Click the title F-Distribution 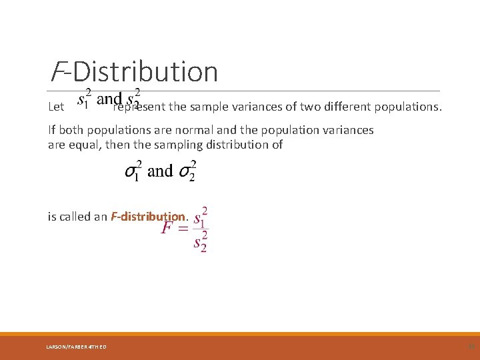click(134, 72)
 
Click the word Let click(56, 106)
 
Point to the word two click(309, 105)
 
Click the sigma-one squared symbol click(133, 171)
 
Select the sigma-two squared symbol click(187, 171)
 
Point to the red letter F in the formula click(168, 229)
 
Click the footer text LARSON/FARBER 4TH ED click(77, 346)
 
